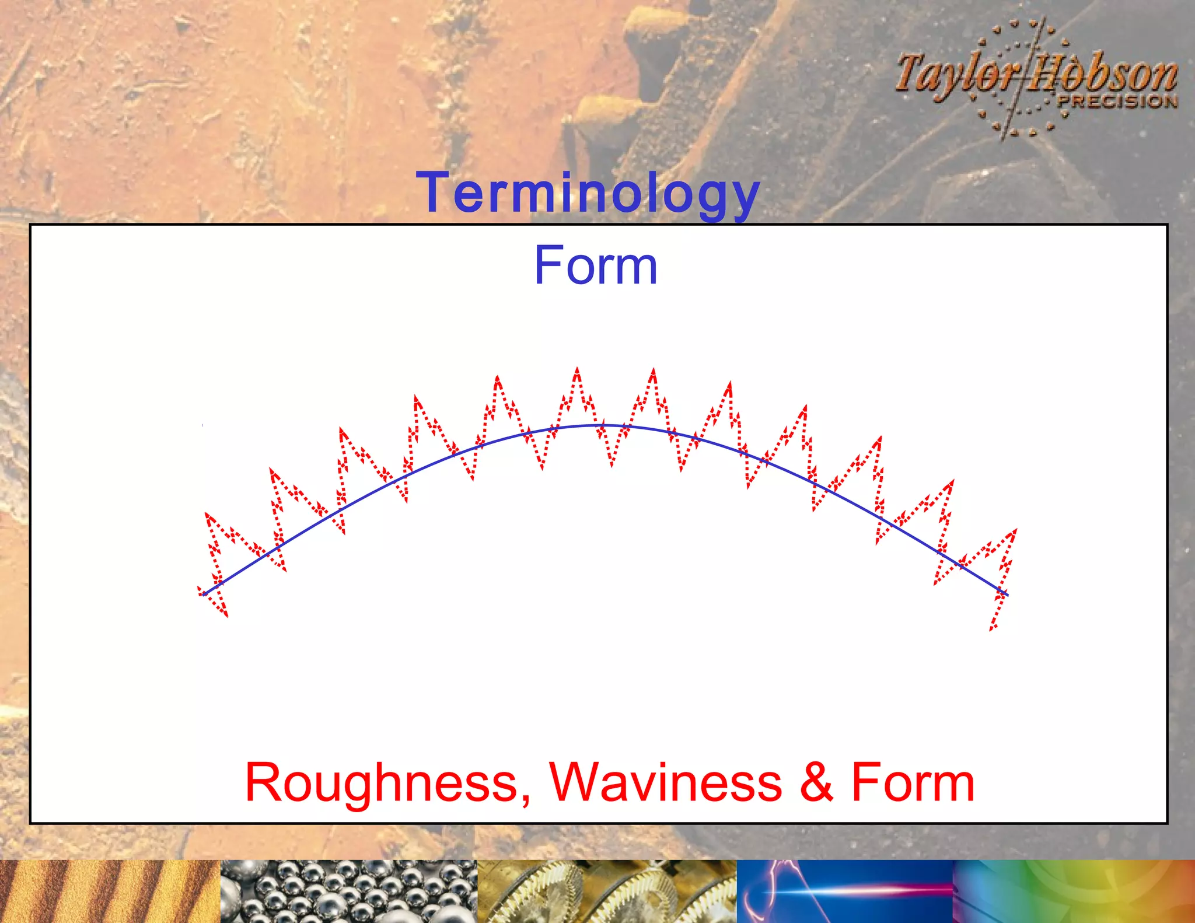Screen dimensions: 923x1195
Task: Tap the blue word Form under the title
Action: click(x=596, y=266)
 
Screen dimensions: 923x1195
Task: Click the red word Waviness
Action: click(x=666, y=782)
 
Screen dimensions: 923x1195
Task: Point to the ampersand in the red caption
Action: click(x=816, y=782)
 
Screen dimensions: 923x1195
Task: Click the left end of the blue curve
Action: click(x=204, y=594)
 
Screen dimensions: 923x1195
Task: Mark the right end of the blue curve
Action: click(x=1007, y=595)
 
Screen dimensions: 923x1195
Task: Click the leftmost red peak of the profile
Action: click(x=207, y=514)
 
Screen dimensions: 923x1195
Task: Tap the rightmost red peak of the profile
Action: click(x=1016, y=530)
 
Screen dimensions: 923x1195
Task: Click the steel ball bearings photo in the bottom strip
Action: click(x=349, y=891)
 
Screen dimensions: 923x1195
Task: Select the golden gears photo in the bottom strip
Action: click(x=607, y=891)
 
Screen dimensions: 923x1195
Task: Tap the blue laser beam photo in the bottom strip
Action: click(x=844, y=891)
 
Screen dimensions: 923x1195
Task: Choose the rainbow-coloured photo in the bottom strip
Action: click(x=1074, y=891)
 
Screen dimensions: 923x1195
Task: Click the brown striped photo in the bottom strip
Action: click(x=110, y=891)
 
